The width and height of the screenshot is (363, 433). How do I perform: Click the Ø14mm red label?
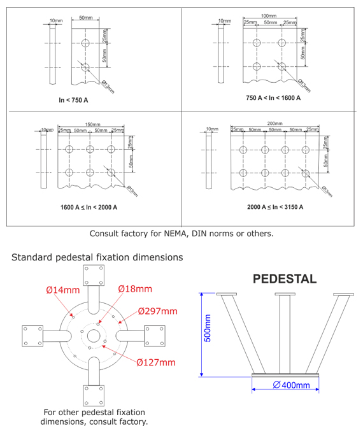[x=63, y=290]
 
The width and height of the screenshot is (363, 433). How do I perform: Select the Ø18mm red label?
[x=135, y=288]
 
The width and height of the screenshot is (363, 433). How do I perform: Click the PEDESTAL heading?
[x=285, y=279]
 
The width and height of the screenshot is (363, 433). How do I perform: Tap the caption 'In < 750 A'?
[x=73, y=101]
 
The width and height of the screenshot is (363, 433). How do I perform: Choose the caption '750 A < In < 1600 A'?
[x=273, y=98]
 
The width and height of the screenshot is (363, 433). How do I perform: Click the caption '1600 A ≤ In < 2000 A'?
[x=89, y=207]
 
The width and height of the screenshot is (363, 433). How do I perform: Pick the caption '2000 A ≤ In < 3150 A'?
[x=274, y=207]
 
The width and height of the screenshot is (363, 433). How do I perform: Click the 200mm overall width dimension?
[x=275, y=123]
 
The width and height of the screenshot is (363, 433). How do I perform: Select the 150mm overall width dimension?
[x=92, y=125]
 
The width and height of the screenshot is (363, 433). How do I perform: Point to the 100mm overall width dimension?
[x=269, y=16]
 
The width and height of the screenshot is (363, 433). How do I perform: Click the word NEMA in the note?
[x=178, y=233]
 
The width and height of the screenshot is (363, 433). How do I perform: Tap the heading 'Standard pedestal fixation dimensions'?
[x=97, y=257]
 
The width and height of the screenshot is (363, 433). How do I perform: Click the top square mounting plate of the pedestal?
[x=94, y=275]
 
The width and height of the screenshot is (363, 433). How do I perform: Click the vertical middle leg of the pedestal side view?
[x=284, y=334]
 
